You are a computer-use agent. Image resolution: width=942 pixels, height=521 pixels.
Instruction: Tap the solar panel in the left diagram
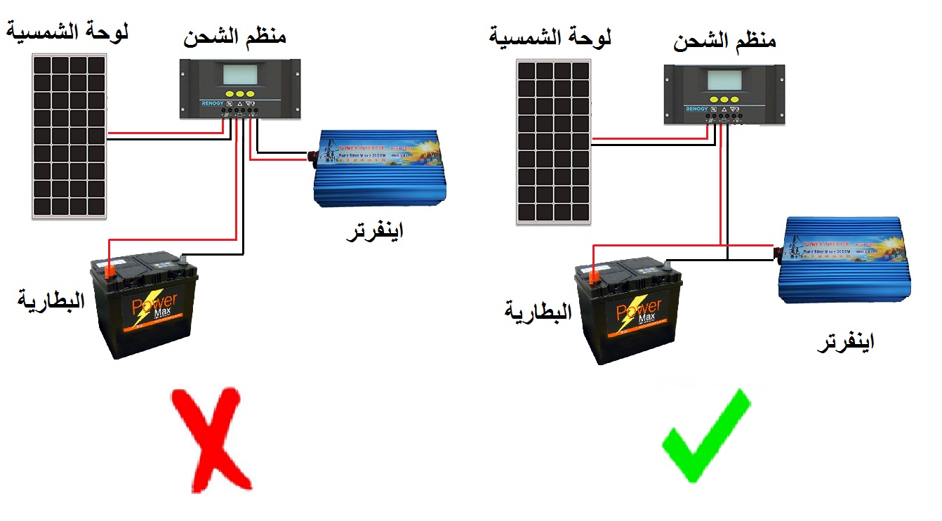(67, 136)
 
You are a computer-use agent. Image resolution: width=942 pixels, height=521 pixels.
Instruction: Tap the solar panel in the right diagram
(553, 142)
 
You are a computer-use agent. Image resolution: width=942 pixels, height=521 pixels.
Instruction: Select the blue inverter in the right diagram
(847, 260)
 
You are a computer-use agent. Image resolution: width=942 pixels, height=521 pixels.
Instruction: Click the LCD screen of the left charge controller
(241, 75)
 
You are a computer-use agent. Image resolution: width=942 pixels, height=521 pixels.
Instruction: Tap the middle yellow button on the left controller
(240, 93)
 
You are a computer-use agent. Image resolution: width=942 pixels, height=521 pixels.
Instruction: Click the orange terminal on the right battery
(593, 277)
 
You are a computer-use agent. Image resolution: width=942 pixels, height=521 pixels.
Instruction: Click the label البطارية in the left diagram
(51, 301)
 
